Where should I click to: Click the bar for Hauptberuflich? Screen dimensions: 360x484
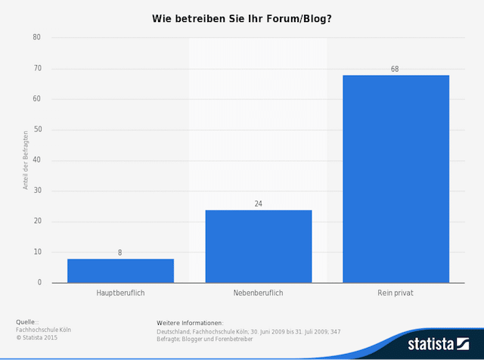pos(120,271)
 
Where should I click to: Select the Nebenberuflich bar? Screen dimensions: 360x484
pos(258,247)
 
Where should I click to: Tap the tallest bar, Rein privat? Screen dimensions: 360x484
pos(396,179)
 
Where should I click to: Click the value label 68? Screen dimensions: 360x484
pos(395,69)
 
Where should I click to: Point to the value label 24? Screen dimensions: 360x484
pos(258,203)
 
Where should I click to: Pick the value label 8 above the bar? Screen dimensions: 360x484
pos(120,253)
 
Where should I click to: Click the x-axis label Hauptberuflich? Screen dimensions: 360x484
pos(120,293)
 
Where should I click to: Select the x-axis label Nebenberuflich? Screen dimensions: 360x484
pos(258,293)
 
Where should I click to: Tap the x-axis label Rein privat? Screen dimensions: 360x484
pos(396,293)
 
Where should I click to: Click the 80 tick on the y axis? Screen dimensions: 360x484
pos(37,37)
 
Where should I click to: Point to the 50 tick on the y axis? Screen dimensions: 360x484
pos(37,129)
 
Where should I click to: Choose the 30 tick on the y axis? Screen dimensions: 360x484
pos(37,191)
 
